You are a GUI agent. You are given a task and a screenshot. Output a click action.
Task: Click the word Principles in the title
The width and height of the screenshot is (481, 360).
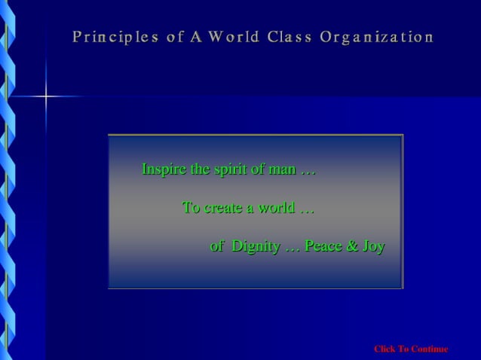coord(115,36)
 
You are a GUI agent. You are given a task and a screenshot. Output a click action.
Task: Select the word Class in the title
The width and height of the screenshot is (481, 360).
coord(288,36)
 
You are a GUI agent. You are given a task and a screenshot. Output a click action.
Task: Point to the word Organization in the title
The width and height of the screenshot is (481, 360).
coord(376,36)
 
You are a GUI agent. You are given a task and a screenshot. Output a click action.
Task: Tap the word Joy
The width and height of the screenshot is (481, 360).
coord(373,246)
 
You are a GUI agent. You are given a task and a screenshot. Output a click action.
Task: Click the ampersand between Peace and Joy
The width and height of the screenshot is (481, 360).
coord(352,246)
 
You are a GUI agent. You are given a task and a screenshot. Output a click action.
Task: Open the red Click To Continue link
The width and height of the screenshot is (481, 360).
coord(411,349)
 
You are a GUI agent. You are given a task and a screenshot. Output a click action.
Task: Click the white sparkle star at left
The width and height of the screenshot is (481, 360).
coord(45,96)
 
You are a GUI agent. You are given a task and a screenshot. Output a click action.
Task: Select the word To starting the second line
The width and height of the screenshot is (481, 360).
coord(191,208)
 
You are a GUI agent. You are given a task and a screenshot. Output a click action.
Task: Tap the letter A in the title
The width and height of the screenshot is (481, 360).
coord(196,36)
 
